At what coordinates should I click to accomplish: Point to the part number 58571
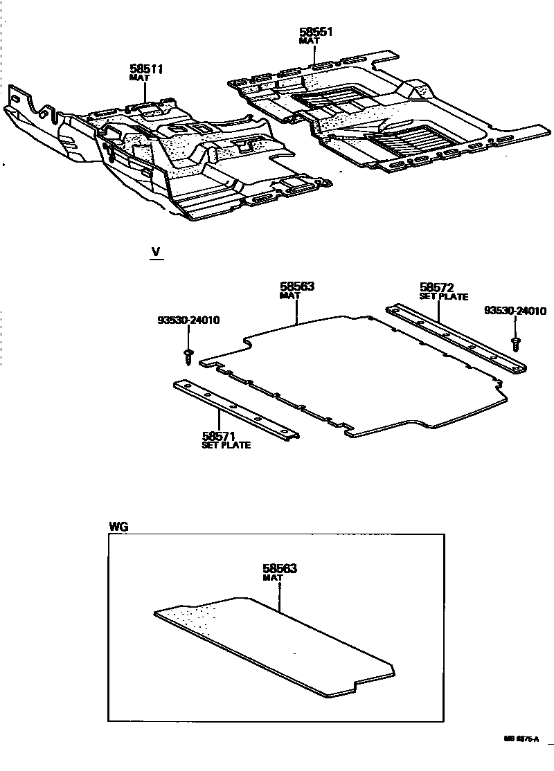click(x=220, y=436)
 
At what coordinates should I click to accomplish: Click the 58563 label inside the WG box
click(x=280, y=568)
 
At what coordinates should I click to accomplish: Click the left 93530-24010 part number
click(x=188, y=320)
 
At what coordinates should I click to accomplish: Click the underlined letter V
click(x=157, y=253)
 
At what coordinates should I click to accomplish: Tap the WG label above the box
click(x=118, y=527)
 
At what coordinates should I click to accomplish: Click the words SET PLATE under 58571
click(x=226, y=445)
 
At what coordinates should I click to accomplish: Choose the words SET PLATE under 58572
click(x=444, y=296)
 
